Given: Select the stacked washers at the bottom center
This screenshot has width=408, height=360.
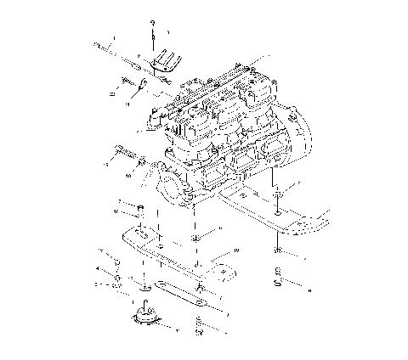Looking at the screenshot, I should tap(197, 324).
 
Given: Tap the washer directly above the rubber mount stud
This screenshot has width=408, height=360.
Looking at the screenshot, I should tap(141, 281).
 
